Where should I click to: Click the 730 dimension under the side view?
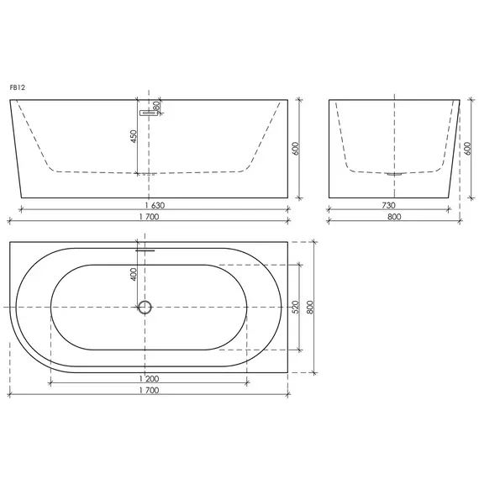pyautogui.click(x=389, y=204)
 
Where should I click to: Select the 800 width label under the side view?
pyautogui.click(x=393, y=216)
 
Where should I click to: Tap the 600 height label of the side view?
pyautogui.click(x=466, y=149)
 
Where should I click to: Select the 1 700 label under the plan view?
pyautogui.click(x=149, y=391)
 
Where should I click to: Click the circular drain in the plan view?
pyautogui.click(x=145, y=307)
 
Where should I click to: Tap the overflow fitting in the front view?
pyautogui.click(x=149, y=109)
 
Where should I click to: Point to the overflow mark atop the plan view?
pyautogui.click(x=145, y=249)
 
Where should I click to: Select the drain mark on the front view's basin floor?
pyautogui.click(x=146, y=174)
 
